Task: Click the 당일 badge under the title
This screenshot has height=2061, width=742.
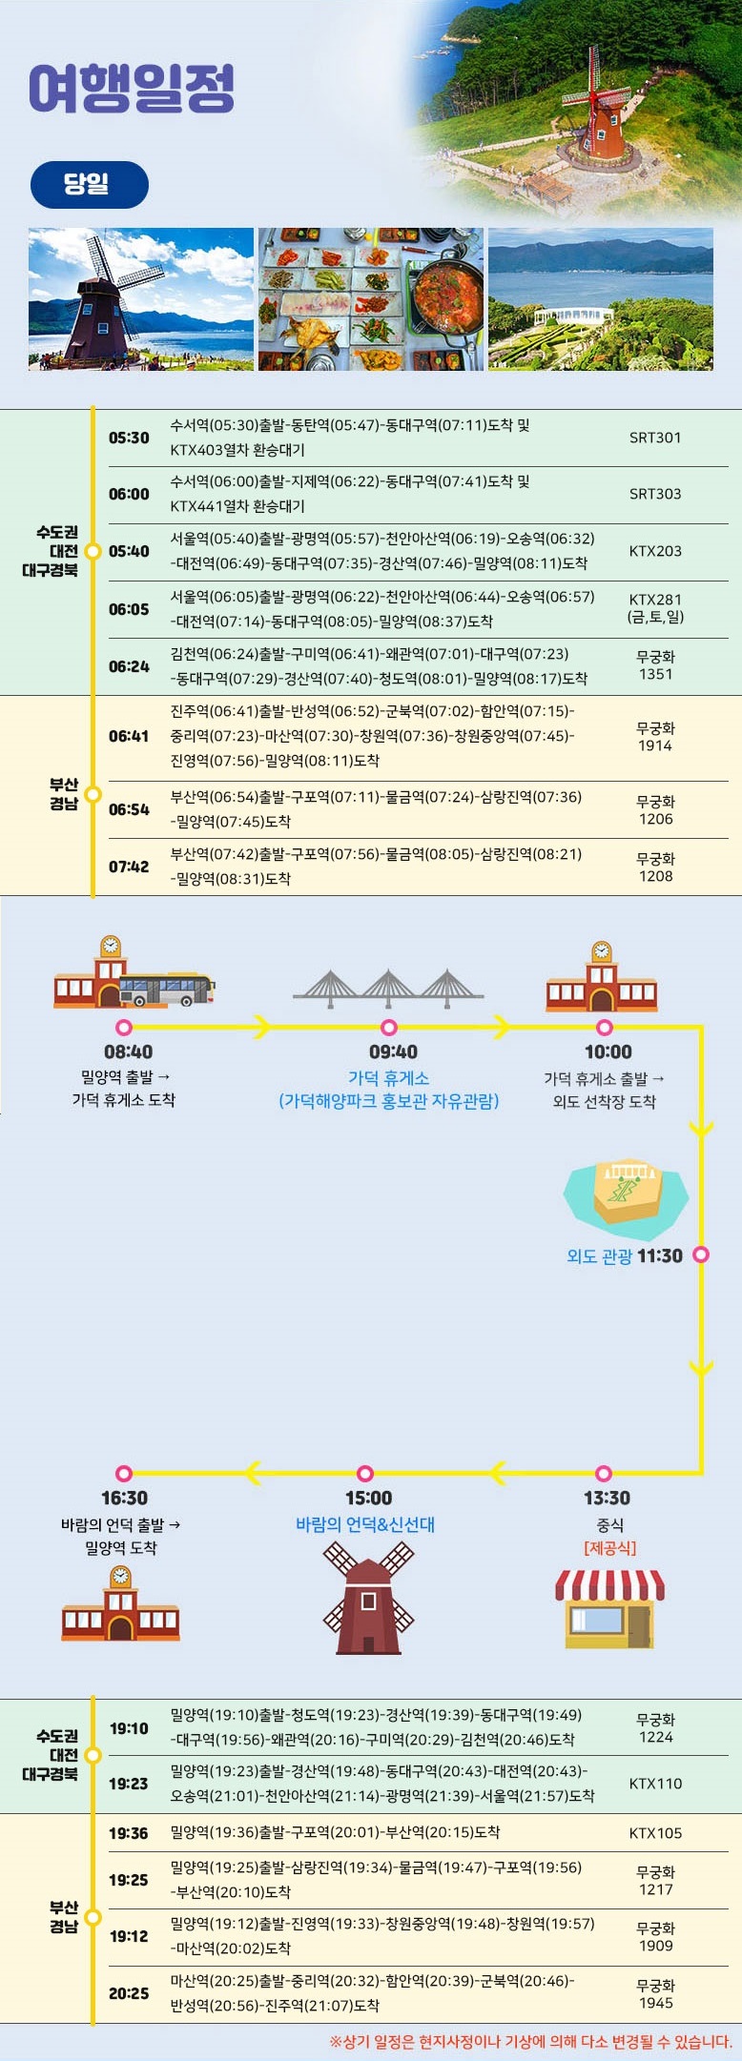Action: [x=90, y=185]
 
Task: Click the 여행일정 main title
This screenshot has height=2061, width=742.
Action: [x=132, y=89]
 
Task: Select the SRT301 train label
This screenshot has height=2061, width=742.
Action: [x=655, y=438]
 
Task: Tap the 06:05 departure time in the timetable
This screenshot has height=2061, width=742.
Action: [x=129, y=609]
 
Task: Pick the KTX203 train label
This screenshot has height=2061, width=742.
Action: [x=655, y=551]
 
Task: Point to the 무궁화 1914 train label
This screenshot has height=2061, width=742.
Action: [x=655, y=736]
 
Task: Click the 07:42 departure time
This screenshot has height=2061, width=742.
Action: [x=129, y=867]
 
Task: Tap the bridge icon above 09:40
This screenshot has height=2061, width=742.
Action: [x=388, y=989]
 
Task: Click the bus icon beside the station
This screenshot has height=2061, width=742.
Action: [x=167, y=990]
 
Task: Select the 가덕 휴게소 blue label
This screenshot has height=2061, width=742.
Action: [x=388, y=1078]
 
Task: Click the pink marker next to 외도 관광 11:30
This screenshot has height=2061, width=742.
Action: [x=701, y=1255]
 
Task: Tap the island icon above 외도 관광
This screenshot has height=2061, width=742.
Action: [x=627, y=1197]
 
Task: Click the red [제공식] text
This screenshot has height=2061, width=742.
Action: [x=609, y=1547]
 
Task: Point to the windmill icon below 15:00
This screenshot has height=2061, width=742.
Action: [x=368, y=1598]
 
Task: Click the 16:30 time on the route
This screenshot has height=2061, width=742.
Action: [x=125, y=1498]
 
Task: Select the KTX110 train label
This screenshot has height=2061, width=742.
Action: [x=655, y=1784]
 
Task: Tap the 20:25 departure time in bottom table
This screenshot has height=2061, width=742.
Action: [x=129, y=1993]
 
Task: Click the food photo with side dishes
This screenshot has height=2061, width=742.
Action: [x=371, y=299]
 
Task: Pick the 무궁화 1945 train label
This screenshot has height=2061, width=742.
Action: [x=655, y=1993]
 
